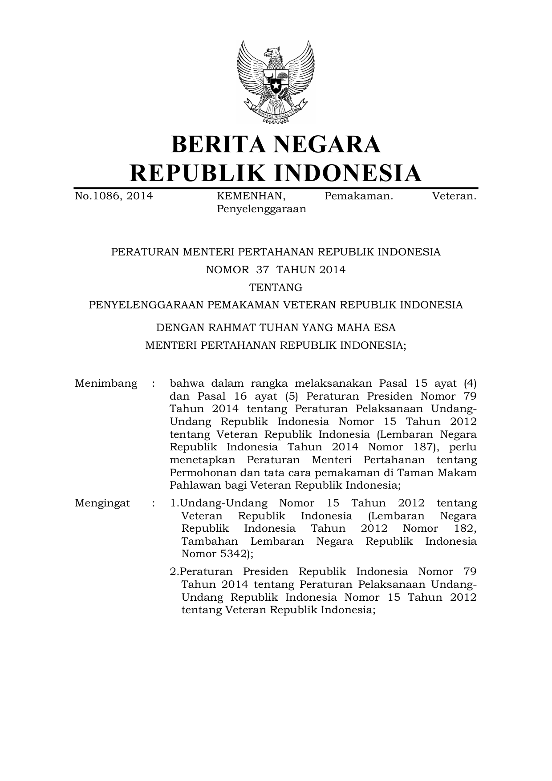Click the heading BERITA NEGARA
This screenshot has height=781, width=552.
coord(276,145)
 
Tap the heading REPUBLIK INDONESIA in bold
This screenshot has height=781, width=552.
coord(276,173)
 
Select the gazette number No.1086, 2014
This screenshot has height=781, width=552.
coord(114,196)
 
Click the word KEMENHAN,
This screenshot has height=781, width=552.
coord(252,196)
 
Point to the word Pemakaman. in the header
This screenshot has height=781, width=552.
coord(359,196)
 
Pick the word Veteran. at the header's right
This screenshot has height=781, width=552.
coord(455,196)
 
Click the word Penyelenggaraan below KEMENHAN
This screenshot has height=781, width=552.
coord(261,209)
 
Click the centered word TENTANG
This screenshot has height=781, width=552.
coord(276,288)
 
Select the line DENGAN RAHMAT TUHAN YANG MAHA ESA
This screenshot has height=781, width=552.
coord(276,328)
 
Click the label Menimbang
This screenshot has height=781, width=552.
coord(106,384)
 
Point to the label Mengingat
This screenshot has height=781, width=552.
coord(102,503)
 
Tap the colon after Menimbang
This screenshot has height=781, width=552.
coord(154,384)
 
